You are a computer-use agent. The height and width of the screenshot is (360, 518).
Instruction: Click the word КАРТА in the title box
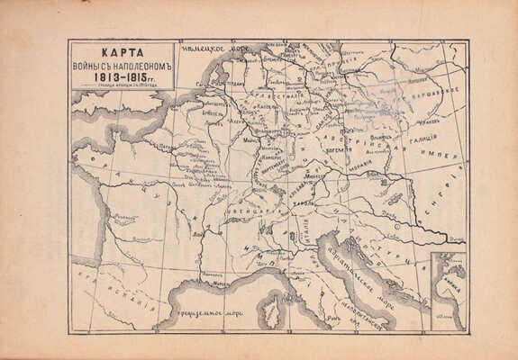tap(121, 52)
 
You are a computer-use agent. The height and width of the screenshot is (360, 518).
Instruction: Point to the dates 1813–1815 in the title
tap(121, 77)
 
